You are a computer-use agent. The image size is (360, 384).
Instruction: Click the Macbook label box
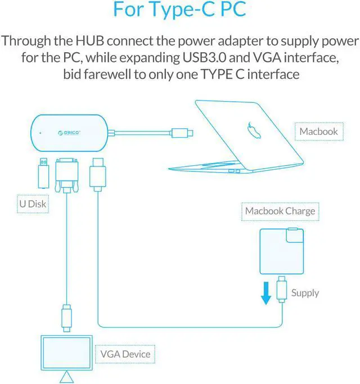click(x=318, y=132)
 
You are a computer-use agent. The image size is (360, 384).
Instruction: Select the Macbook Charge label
click(x=280, y=211)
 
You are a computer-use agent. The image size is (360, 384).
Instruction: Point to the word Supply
click(x=305, y=292)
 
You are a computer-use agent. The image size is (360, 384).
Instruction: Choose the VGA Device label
click(x=125, y=354)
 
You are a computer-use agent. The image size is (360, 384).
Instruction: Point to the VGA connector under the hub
click(x=66, y=175)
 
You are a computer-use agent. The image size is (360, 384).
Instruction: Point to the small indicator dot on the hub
click(x=40, y=134)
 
